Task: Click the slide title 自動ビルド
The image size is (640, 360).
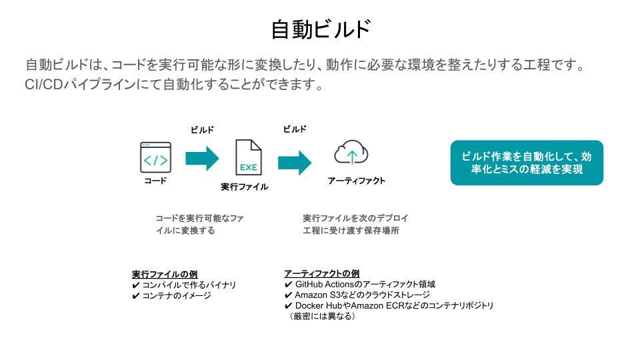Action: point(320,30)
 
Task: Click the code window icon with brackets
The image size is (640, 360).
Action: point(155,158)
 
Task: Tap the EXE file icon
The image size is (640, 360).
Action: point(248,158)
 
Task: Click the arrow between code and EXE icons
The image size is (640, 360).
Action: point(202,159)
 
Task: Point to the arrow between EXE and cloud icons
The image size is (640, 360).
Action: point(294,162)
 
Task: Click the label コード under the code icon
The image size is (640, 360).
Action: point(155,181)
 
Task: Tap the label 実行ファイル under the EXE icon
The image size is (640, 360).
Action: point(245,187)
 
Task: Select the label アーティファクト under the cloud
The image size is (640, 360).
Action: point(357,181)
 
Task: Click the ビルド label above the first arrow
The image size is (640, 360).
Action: point(203,131)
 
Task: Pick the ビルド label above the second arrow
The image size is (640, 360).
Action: point(295,129)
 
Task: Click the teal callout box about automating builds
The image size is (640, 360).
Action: point(527,163)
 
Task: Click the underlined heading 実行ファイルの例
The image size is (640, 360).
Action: point(165,275)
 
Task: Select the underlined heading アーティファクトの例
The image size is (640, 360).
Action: point(322,274)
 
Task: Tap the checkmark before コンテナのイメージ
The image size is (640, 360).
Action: point(136,295)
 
